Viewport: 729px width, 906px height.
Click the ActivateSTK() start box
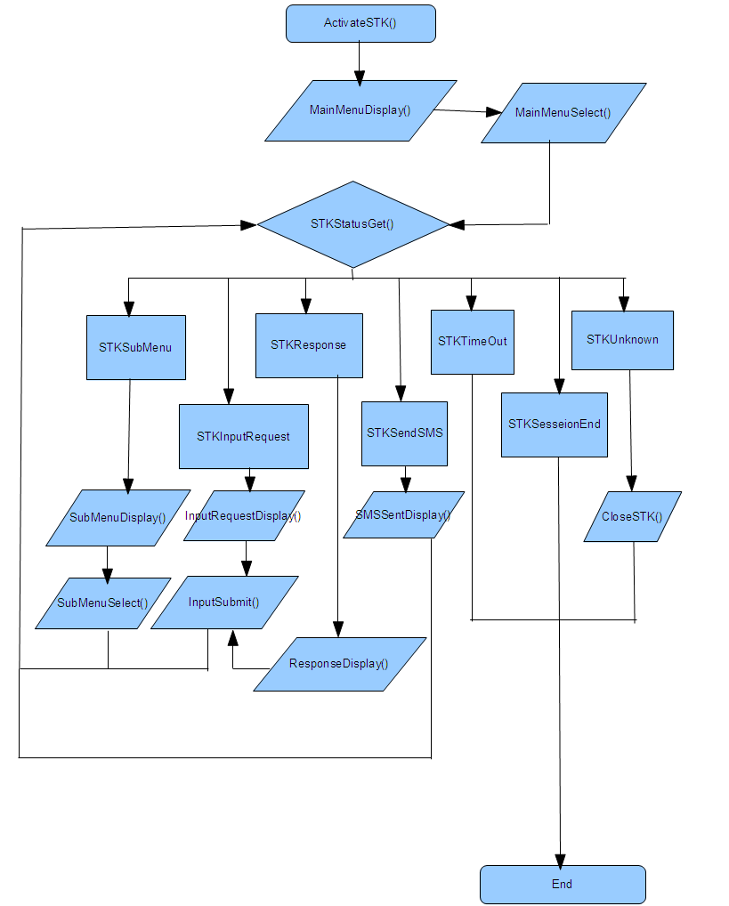(360, 23)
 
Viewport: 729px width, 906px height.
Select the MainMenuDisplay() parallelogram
(360, 110)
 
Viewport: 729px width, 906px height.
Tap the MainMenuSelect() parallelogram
(563, 113)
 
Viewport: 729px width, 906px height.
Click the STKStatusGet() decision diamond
(352, 224)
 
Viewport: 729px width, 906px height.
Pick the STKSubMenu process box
(136, 347)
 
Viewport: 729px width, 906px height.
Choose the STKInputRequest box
(243, 436)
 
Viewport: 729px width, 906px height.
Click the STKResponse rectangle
(309, 344)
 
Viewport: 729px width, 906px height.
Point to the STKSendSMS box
(404, 433)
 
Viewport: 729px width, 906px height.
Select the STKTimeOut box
(473, 342)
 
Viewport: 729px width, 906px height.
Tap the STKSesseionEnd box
(554, 425)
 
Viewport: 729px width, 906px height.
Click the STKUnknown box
(622, 339)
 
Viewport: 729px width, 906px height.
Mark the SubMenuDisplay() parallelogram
(118, 517)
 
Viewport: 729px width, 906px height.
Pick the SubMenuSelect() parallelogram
(103, 603)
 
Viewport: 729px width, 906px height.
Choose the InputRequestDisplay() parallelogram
(244, 515)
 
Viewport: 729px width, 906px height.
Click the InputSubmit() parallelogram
(224, 603)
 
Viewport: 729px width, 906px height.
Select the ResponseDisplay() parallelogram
(339, 664)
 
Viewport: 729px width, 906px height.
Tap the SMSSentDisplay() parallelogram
(403, 514)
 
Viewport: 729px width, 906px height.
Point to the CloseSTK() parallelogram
(633, 516)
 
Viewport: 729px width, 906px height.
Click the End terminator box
(563, 884)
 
